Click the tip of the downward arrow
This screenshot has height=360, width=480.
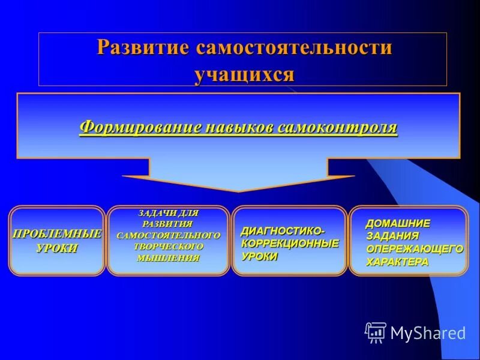pos(239,191)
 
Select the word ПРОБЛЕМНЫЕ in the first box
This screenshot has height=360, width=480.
pos(57,233)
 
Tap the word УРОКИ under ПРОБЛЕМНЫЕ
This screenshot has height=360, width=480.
pos(57,248)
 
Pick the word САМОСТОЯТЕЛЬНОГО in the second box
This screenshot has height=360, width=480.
pos(168,235)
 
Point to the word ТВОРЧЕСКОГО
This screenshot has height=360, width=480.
pos(168,247)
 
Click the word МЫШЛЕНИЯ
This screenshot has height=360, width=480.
pos(168,258)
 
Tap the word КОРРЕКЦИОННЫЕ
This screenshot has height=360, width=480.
pos(290,244)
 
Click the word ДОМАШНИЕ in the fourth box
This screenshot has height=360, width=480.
pos(398,223)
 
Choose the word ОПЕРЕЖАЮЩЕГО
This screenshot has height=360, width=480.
pos(415,249)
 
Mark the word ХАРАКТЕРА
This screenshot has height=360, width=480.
pos(397,262)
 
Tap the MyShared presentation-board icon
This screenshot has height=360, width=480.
pos(376,332)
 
